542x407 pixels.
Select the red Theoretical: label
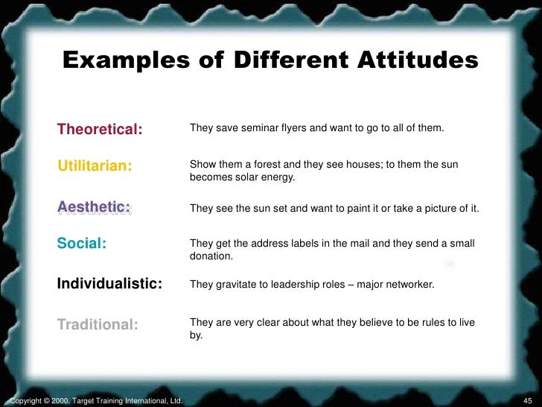click(100, 129)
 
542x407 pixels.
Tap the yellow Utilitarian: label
click(95, 165)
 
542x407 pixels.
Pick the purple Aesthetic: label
click(94, 207)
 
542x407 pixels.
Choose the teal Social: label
click(82, 243)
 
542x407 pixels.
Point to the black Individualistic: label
click(109, 284)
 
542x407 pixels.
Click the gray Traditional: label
click(98, 324)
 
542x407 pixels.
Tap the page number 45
click(529, 401)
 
